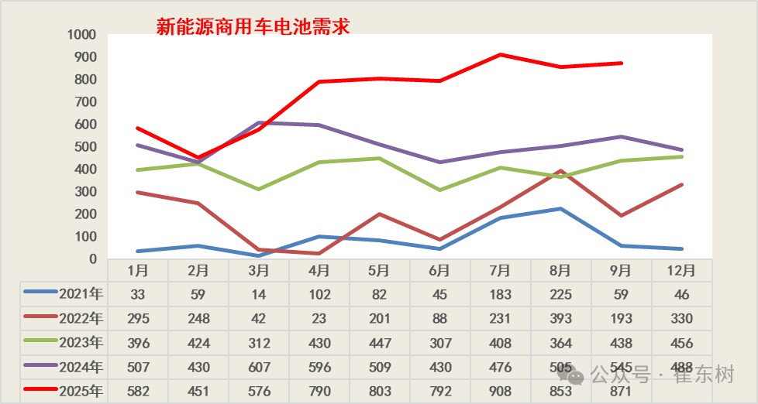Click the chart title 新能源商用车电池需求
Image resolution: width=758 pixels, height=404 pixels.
pyautogui.click(x=253, y=27)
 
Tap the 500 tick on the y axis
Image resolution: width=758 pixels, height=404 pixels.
pyautogui.click(x=84, y=146)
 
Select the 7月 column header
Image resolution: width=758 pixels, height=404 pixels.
pyautogui.click(x=500, y=271)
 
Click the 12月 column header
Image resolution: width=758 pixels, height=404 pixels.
pyautogui.click(x=681, y=271)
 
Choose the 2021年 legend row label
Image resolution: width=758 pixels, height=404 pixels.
pyautogui.click(x=81, y=294)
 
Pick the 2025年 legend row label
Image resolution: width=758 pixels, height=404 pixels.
pyautogui.click(x=81, y=391)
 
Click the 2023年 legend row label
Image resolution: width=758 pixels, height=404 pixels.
pyautogui.click(x=81, y=342)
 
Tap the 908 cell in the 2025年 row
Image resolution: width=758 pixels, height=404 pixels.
pyautogui.click(x=500, y=391)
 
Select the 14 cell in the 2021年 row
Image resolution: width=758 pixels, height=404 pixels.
pyautogui.click(x=258, y=294)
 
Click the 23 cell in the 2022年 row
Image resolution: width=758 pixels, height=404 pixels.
pyautogui.click(x=319, y=318)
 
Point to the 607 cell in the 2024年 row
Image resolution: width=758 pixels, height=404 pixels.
pyautogui.click(x=258, y=366)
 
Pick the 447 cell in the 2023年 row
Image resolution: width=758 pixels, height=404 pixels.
pyautogui.click(x=379, y=342)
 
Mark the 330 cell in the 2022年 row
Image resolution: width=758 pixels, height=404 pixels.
pyautogui.click(x=681, y=318)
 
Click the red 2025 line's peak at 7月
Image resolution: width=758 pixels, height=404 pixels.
pyautogui.click(x=501, y=55)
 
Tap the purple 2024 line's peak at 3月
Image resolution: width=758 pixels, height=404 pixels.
pyautogui.click(x=259, y=122)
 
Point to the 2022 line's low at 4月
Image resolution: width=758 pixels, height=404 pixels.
pyautogui.click(x=319, y=253)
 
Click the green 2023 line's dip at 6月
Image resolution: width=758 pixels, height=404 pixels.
pyautogui.click(x=440, y=190)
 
